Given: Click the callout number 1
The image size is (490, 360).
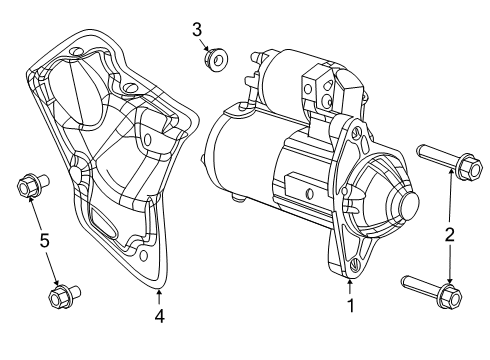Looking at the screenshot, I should [x=351, y=305].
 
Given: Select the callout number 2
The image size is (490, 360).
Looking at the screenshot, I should [x=450, y=235].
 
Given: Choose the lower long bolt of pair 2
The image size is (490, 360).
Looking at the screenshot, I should [x=430, y=290].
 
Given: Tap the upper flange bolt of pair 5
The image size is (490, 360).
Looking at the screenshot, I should [x=28, y=187].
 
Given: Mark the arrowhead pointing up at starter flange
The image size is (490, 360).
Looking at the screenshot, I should [x=351, y=279].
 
